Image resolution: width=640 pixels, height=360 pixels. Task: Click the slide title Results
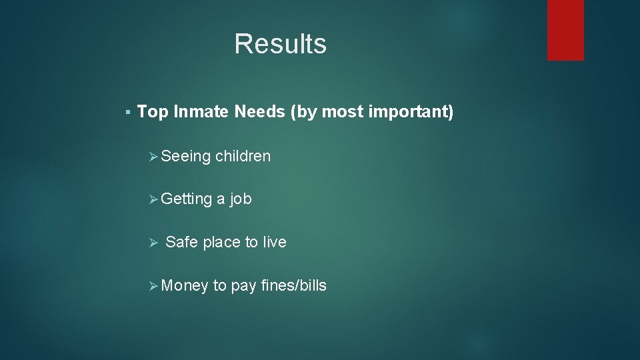pos(280,44)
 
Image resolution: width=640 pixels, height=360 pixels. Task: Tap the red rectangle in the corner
pos(565,29)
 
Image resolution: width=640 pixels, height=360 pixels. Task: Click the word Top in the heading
pos(153,112)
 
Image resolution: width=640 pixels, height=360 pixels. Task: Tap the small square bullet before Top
pos(127,112)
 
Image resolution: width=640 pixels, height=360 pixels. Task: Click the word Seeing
pos(186,157)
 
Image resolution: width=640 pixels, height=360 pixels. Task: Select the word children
pos(243,156)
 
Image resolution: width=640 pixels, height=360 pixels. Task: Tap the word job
pos(241,199)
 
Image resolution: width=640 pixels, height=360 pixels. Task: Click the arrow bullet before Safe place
pos(151,242)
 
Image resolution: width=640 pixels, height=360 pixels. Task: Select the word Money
pos(185,285)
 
